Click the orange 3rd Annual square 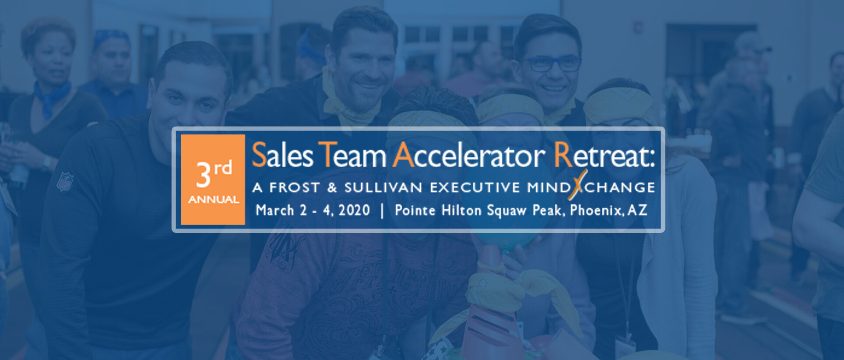coord(213,180)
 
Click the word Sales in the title coord(283,155)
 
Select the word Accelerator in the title coord(469,155)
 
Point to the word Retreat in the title coord(604,155)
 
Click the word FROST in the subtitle coord(294,187)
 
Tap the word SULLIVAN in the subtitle coord(383,187)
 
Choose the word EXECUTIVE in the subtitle coord(475,187)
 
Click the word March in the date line coord(275,210)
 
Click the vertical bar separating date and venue coord(383,211)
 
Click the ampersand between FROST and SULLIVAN coord(332,188)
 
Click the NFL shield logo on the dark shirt coord(65,181)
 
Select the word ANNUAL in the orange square coord(214,200)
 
